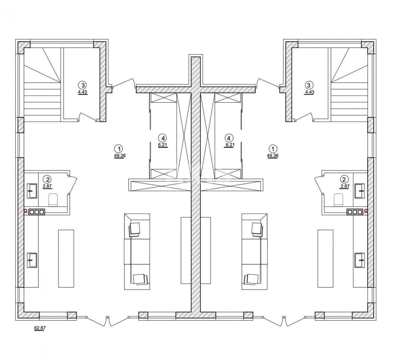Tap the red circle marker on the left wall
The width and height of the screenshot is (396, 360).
[x=25, y=210]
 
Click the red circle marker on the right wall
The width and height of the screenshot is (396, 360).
[x=367, y=210]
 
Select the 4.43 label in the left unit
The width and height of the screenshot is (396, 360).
[x=83, y=92]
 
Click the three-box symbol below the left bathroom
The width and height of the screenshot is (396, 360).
[x=37, y=212]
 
